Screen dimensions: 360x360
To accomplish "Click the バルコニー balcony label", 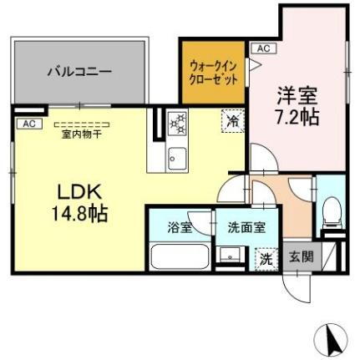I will point(79,72).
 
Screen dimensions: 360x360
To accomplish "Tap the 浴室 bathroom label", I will point(179,226).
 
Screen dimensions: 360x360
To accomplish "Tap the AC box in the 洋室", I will point(263,48).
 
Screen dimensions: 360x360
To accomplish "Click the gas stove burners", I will point(177,124).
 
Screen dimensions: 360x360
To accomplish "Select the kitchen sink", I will point(177,155).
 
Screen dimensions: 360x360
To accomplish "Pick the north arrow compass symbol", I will point(329,338).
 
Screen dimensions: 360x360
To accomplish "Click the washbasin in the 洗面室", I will point(226,256).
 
